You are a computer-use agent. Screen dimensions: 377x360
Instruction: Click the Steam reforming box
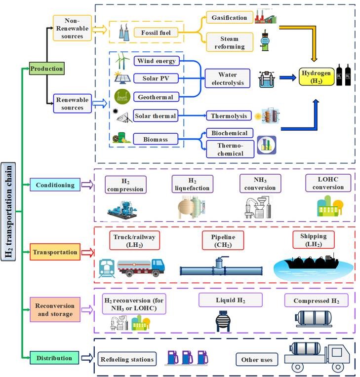(x=229, y=42)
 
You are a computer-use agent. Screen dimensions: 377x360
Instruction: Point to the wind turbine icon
(x=120, y=60)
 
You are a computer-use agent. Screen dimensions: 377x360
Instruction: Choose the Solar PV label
(x=156, y=78)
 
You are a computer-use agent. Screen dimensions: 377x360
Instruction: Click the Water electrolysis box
(x=228, y=78)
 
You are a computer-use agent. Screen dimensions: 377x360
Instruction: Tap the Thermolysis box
(x=228, y=116)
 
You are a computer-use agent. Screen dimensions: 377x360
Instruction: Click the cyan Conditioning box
(x=55, y=185)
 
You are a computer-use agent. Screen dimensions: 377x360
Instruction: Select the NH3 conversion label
(x=260, y=183)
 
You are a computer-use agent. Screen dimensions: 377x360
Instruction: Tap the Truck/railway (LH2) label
(x=134, y=241)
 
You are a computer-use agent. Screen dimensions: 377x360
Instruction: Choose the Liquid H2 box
(x=231, y=300)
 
